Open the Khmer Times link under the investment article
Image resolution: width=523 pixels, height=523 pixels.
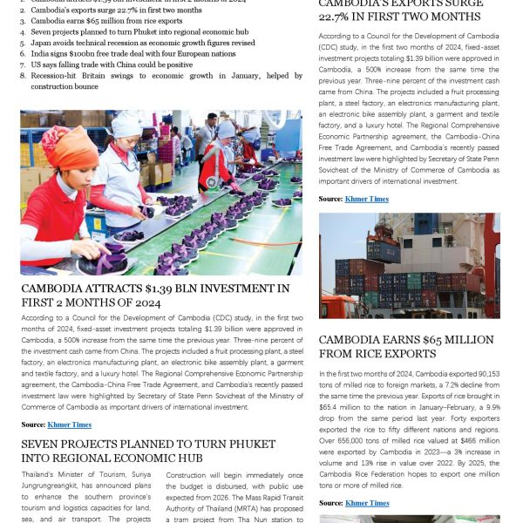[x=70, y=425]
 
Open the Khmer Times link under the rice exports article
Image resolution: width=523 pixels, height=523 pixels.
[x=367, y=503]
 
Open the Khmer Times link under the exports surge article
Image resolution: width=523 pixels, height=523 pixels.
[x=367, y=200]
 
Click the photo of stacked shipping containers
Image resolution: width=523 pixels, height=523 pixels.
[x=409, y=266]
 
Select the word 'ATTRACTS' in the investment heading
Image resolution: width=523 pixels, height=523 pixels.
[x=114, y=289]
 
